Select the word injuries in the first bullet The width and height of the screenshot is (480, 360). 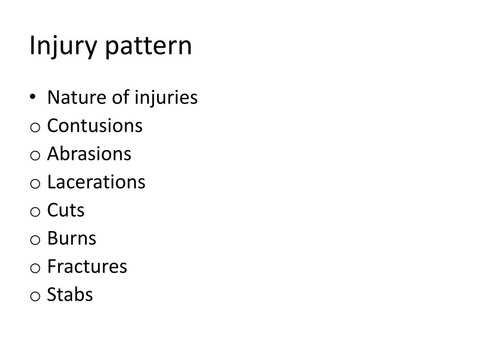click(x=166, y=98)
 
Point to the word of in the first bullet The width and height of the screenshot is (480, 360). click(x=117, y=98)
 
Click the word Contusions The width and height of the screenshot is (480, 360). click(x=95, y=126)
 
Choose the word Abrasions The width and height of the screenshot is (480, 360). click(x=89, y=154)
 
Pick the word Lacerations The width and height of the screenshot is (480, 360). click(x=96, y=182)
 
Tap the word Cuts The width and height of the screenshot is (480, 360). click(x=66, y=210)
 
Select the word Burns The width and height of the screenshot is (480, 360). click(x=71, y=239)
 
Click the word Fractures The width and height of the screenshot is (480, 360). click(x=87, y=267)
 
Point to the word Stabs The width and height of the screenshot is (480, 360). click(x=70, y=295)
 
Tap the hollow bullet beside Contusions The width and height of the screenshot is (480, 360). click(x=35, y=127)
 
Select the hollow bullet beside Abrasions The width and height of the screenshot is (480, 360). click(x=35, y=156)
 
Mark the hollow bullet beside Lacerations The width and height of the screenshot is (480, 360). click(x=35, y=184)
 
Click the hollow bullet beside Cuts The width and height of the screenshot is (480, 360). click(x=35, y=212)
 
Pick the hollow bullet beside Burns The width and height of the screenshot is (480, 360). click(x=35, y=240)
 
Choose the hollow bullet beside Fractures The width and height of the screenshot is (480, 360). click(x=35, y=268)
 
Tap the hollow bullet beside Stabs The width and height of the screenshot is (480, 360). click(x=35, y=296)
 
